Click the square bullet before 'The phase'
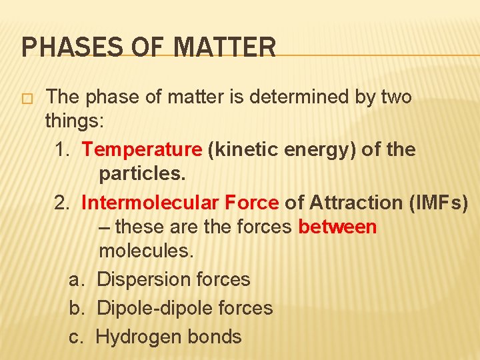click(x=27, y=99)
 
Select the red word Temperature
click(x=141, y=149)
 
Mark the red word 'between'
click(x=337, y=227)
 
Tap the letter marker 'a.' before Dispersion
click(x=77, y=280)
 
